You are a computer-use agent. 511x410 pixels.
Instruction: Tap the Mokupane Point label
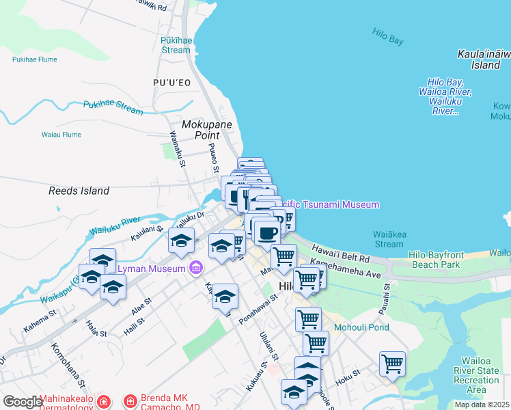tap(207, 130)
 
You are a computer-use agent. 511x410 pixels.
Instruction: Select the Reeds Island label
tap(79, 191)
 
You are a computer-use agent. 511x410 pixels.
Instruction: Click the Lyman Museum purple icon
tap(197, 268)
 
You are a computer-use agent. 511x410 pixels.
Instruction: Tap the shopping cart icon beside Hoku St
tap(392, 363)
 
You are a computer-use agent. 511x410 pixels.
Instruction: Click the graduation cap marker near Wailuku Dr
tap(181, 240)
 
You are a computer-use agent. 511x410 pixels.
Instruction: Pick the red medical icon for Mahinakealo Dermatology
tap(103, 400)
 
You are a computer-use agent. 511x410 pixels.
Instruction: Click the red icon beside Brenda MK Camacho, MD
tap(129, 400)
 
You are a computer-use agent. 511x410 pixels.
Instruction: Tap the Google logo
tap(23, 402)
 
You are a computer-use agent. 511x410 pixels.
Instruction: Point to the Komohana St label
tap(61, 362)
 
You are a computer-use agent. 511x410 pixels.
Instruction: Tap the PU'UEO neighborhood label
tap(171, 83)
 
